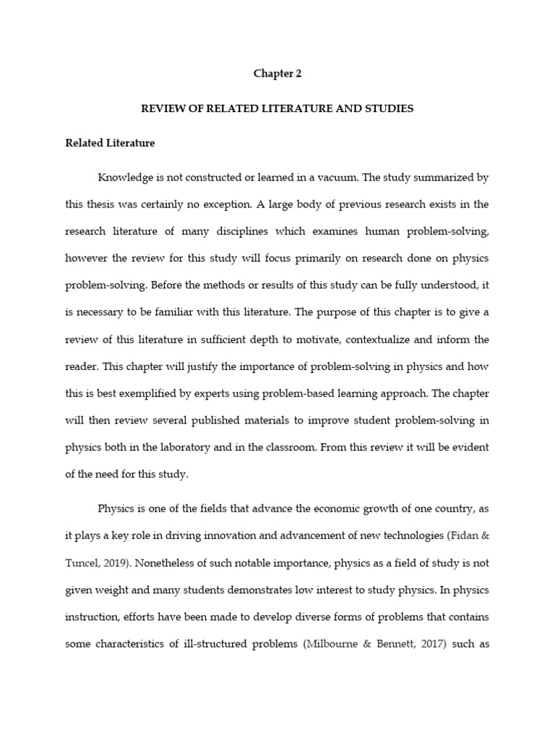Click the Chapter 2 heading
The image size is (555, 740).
click(x=277, y=74)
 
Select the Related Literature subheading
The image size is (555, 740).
click(x=110, y=143)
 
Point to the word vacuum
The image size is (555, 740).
click(x=335, y=178)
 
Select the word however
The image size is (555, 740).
click(x=87, y=258)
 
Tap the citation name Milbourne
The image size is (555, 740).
click(x=332, y=643)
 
